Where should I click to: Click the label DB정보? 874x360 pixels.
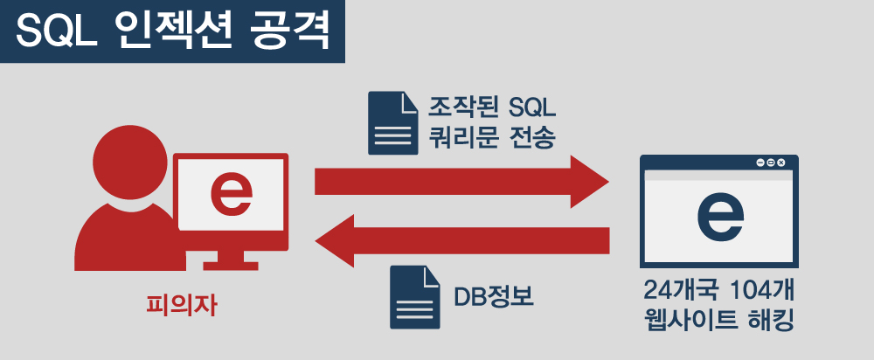click(494, 296)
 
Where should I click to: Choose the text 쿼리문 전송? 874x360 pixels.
click(490, 136)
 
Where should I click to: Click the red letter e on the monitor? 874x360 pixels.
click(232, 194)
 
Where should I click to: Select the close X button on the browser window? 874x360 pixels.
click(782, 163)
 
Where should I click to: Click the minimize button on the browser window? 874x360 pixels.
click(760, 163)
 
